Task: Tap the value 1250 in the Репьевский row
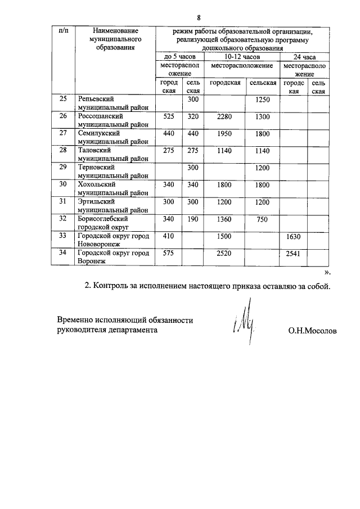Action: tap(262, 100)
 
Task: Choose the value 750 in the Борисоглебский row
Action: tap(262, 219)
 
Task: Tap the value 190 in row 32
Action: tap(193, 219)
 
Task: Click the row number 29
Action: tap(63, 168)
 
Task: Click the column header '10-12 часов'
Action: tap(242, 57)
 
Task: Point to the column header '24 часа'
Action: tap(304, 57)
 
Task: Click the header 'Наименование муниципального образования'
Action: tap(115, 39)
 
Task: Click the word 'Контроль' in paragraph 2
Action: tap(111, 286)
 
